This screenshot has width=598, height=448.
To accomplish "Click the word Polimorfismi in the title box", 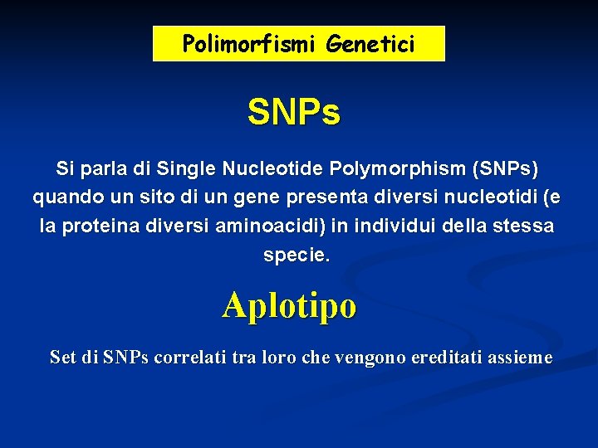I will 251,44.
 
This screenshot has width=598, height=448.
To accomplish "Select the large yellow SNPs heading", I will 294,114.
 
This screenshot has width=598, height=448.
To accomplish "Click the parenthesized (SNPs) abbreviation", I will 504,169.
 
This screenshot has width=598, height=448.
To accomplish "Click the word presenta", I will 321,198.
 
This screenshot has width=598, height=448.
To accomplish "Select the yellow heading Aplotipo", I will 289,305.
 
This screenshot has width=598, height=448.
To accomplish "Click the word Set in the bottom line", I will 63,358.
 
